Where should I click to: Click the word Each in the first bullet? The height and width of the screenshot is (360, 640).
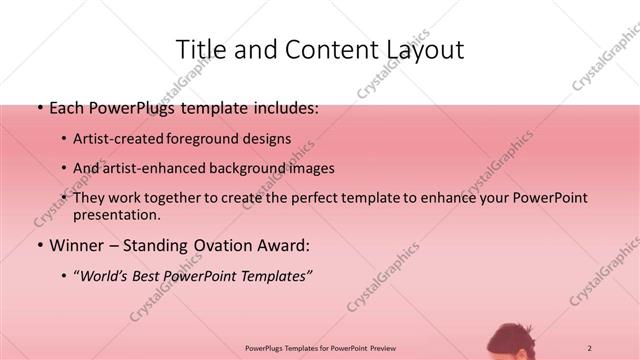point(67,108)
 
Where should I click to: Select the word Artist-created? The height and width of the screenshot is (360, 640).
point(118,139)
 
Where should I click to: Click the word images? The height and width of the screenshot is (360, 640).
point(308,168)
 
